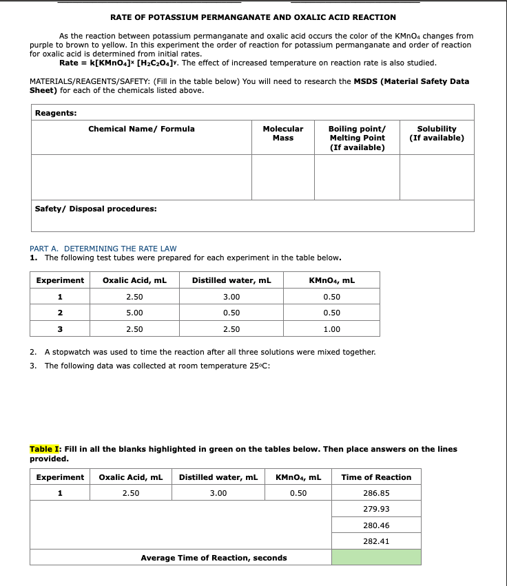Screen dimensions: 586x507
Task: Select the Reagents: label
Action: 56,113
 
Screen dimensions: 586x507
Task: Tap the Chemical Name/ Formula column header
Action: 141,129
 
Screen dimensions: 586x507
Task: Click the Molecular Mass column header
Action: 282,134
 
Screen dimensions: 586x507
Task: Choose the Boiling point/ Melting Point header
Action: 357,138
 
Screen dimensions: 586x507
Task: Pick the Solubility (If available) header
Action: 437,134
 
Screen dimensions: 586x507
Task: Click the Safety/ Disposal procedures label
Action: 96,209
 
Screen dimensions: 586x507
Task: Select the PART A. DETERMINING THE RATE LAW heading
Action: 103,249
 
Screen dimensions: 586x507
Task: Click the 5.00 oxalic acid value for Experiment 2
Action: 134,313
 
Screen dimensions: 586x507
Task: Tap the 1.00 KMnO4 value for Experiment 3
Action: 331,329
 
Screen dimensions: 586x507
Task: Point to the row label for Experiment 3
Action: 60,329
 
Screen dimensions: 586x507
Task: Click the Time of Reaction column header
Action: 376,477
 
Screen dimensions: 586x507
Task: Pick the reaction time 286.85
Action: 376,493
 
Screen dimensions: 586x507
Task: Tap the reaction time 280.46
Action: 376,525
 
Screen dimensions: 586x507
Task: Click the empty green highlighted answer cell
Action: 376,557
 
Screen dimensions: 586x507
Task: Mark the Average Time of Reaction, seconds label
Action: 214,558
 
